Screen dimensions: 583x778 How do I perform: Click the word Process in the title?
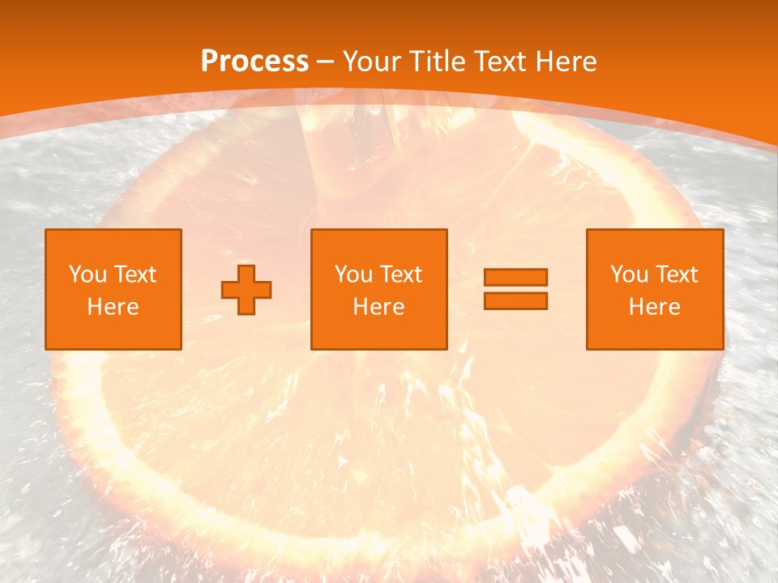coord(254,61)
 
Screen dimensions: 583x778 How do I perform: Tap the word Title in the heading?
coord(438,61)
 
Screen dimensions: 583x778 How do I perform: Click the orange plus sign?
coord(246,289)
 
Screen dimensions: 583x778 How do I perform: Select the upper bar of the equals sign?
coord(515,277)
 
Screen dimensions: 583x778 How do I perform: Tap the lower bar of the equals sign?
coord(515,300)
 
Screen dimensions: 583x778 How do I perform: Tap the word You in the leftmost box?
coord(87,274)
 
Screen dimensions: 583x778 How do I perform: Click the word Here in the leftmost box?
coord(113,307)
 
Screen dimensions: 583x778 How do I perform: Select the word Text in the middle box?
coord(400,274)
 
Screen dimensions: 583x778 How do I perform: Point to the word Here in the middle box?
coord(378,307)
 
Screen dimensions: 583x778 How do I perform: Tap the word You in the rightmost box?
coord(628,274)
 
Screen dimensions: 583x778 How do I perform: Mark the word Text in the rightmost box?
coord(676,274)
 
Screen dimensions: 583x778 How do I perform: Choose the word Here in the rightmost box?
coord(654,307)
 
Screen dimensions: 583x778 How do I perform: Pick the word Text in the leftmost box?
coord(135,274)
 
